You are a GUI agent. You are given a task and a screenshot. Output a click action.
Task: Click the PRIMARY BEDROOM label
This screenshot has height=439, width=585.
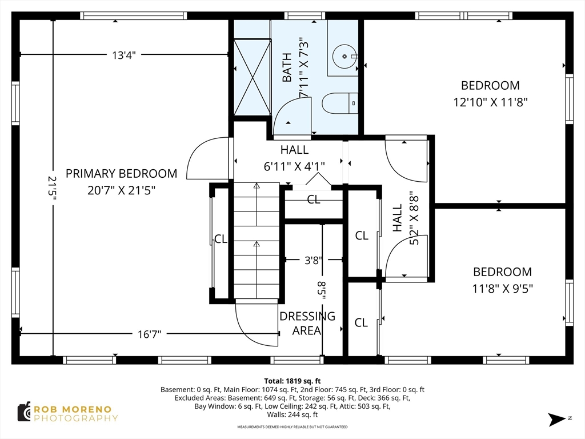click(x=121, y=174)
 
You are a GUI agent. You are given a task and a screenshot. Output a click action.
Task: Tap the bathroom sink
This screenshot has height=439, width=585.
click(x=344, y=57)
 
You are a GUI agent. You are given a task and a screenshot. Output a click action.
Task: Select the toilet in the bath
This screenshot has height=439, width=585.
click(x=340, y=103)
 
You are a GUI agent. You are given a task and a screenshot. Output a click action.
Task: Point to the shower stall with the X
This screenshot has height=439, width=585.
click(x=252, y=77)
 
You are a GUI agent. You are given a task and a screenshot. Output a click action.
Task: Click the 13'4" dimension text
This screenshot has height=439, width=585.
click(x=124, y=55)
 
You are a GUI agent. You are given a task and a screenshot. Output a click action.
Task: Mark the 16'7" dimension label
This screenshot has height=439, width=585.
click(x=149, y=334)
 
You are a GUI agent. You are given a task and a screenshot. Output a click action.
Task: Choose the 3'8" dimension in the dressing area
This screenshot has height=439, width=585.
click(x=314, y=260)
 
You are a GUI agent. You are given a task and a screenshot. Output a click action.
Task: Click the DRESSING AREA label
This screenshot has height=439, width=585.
click(x=307, y=324)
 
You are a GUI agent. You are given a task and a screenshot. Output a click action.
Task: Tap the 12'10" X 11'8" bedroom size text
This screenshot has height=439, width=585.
click(x=490, y=102)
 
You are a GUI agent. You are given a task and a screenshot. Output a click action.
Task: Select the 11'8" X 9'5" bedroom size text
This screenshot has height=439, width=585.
click(x=503, y=289)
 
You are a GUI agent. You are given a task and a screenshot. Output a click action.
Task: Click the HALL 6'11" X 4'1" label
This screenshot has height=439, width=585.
click(x=294, y=158)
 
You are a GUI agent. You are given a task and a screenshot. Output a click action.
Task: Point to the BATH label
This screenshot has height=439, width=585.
click(x=287, y=67)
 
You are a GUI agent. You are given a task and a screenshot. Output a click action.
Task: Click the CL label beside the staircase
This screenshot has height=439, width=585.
click(x=221, y=239)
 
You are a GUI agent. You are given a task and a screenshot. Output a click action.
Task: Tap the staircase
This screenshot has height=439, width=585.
click(x=257, y=241)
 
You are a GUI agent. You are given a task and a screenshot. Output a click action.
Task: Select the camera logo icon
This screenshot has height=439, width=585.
click(x=24, y=412)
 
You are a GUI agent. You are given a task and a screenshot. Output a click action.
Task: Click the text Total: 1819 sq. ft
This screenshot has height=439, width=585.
click(x=292, y=381)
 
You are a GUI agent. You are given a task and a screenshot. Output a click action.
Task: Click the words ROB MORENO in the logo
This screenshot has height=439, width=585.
click(x=73, y=409)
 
